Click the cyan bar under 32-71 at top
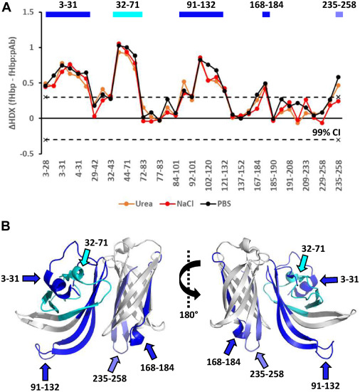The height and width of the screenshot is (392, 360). coord(127,14)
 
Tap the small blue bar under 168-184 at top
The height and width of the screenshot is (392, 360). coord(266,14)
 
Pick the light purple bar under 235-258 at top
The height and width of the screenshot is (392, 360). coord(339,14)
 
